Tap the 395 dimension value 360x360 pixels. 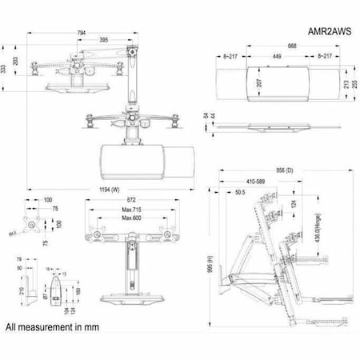[x=105, y=40]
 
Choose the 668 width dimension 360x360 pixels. [x=271, y=46]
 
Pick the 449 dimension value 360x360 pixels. [x=276, y=57]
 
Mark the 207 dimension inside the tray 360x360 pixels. [x=259, y=82]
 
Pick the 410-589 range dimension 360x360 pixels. [x=259, y=181]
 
